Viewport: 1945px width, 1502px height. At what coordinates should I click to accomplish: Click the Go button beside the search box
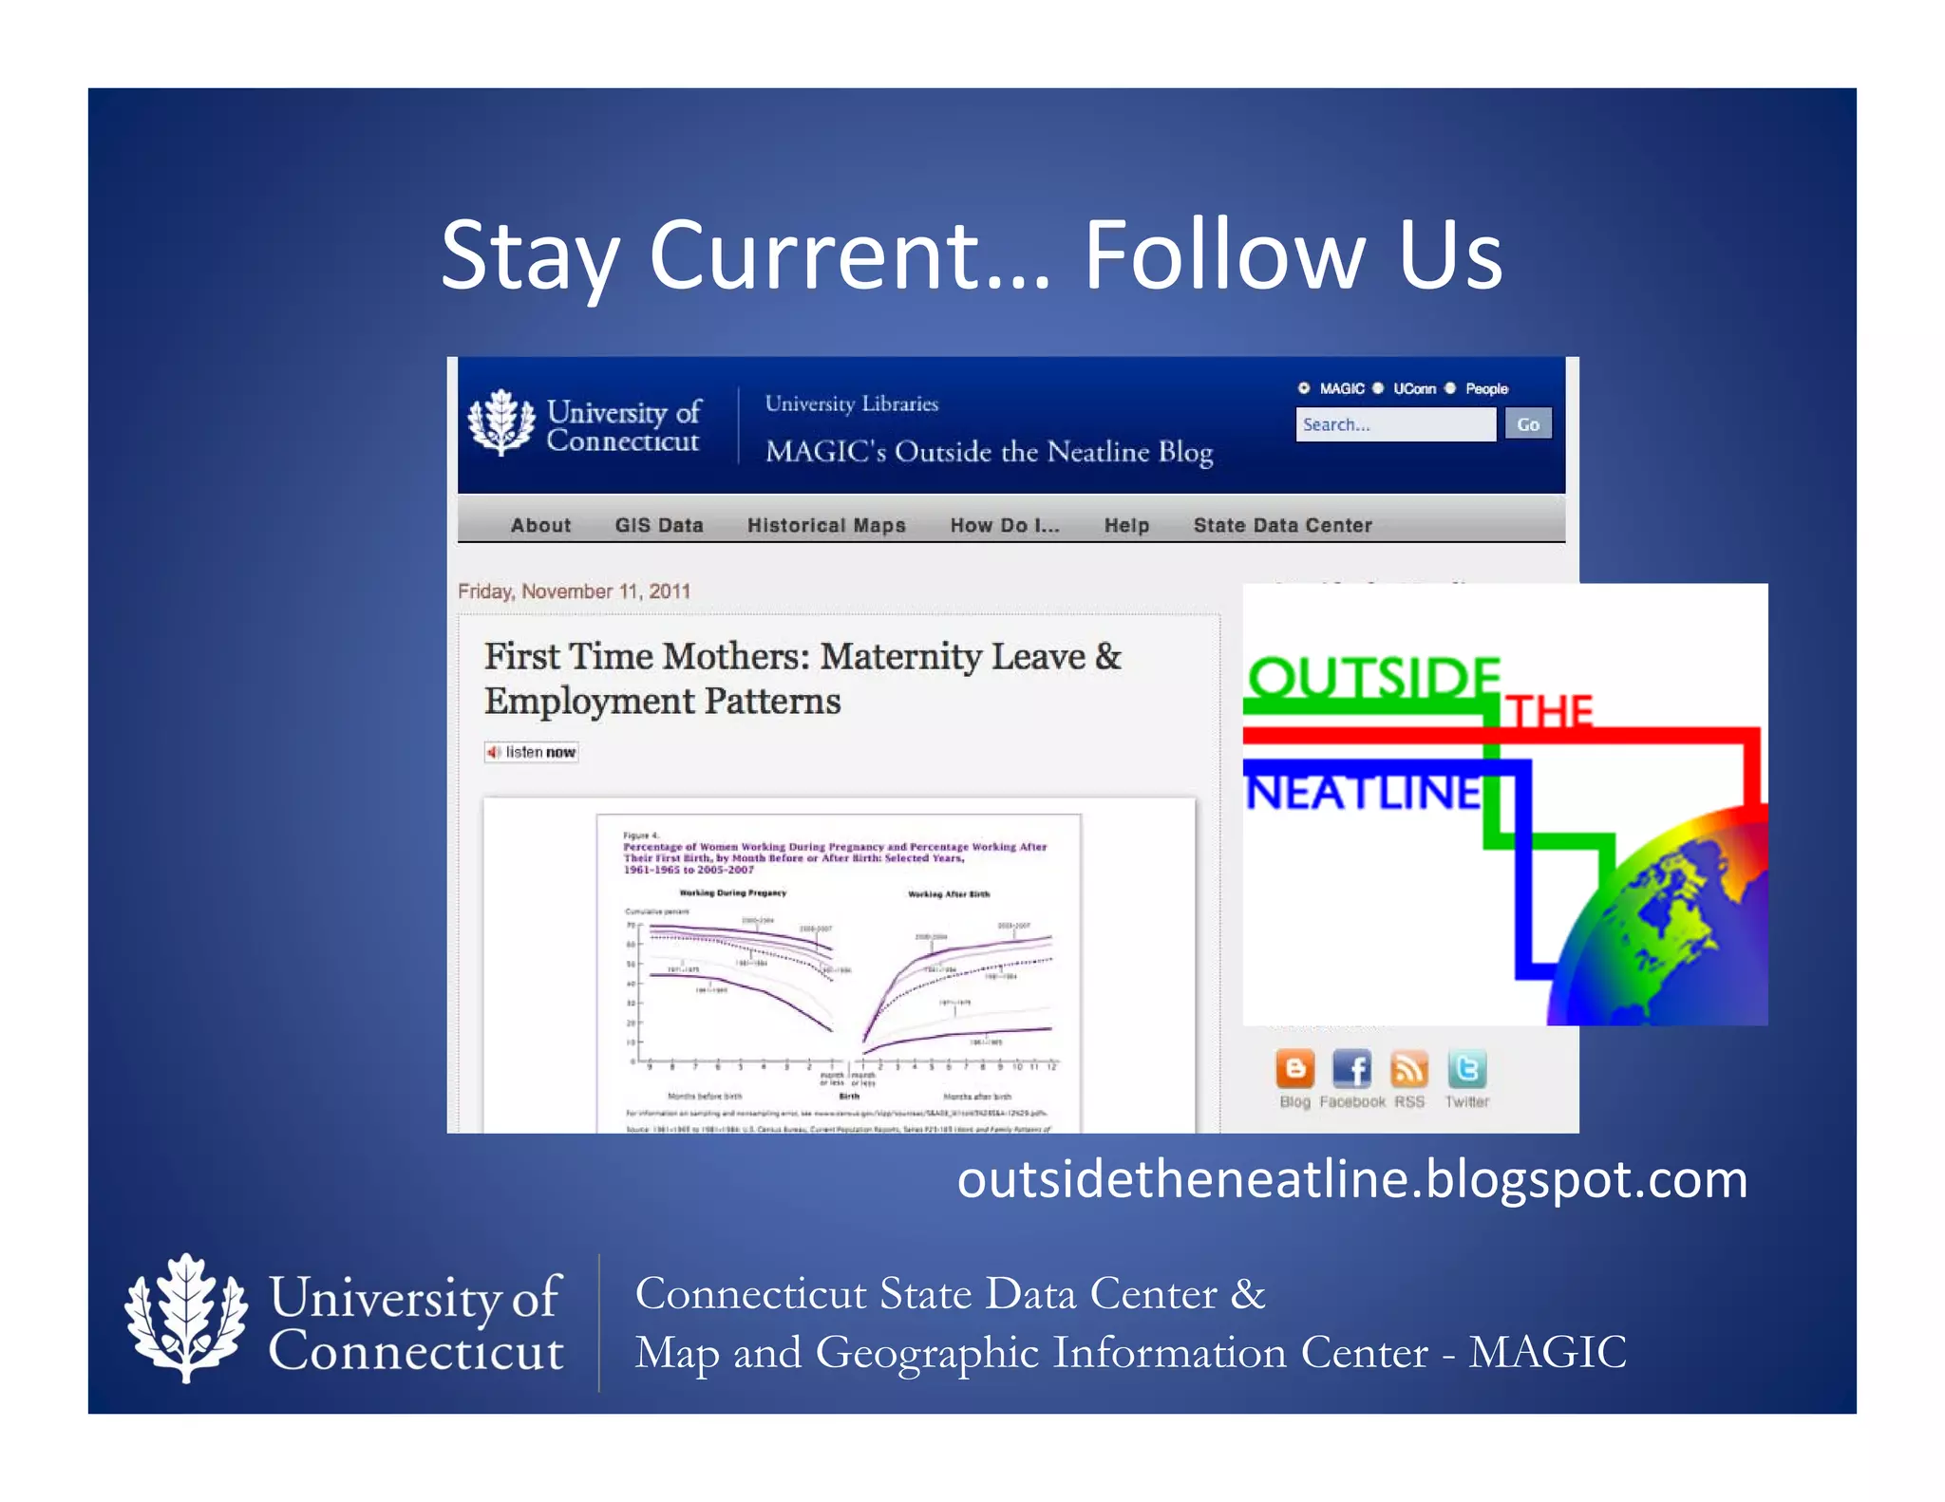1527,424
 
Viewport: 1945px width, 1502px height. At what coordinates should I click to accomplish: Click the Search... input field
1394,424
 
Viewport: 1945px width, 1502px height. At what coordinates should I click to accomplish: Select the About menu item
540,525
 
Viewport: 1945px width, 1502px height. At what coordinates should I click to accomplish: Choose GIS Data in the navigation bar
658,525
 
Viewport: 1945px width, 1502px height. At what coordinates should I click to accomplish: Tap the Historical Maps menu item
826,525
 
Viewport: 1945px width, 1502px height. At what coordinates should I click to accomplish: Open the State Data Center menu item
1282,525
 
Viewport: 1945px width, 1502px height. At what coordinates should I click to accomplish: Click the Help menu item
1126,525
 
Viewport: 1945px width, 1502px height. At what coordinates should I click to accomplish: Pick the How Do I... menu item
1004,525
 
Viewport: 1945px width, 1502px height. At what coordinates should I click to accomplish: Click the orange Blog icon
1294,1069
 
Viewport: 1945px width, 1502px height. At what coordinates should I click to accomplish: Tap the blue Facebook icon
1351,1069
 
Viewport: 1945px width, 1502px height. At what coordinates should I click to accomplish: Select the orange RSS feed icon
1408,1069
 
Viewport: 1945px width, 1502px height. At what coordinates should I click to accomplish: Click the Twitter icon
1466,1069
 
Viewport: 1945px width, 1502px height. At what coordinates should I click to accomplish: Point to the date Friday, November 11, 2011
574,591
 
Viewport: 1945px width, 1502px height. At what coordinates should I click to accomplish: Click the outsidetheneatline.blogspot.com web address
1351,1180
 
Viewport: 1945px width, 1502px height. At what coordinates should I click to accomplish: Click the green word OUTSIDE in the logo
1372,678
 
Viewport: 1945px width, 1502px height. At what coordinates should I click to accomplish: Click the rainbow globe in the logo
1671,930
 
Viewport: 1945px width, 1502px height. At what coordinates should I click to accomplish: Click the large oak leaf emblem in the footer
186,1318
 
